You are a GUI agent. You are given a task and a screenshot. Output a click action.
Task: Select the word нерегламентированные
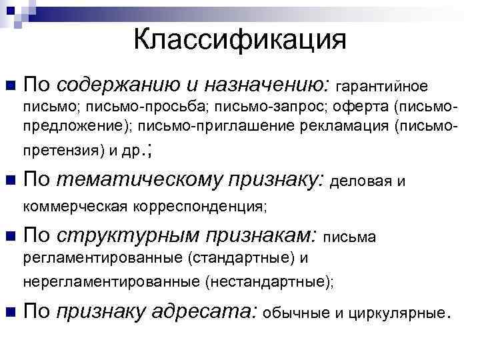[x=112, y=282]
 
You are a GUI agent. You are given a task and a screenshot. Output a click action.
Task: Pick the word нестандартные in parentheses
[x=268, y=282]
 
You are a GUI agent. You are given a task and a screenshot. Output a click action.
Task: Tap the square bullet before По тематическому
[x=9, y=180]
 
